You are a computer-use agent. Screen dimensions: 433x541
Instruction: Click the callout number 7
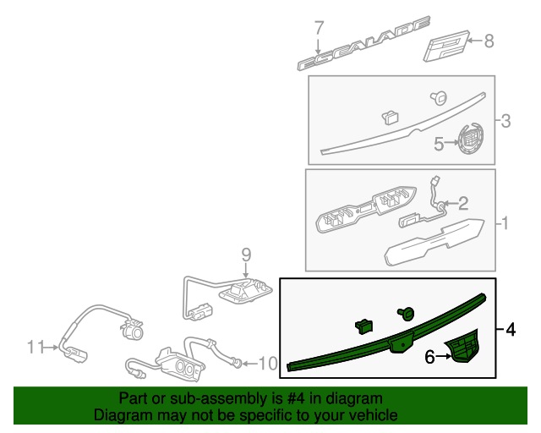tap(319, 27)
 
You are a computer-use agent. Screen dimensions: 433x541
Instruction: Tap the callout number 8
tap(489, 40)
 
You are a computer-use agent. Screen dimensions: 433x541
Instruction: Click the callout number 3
tap(505, 122)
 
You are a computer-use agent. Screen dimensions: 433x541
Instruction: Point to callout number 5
tap(439, 144)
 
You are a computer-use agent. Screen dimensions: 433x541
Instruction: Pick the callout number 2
tap(462, 202)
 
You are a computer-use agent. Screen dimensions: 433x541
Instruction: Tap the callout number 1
tap(504, 224)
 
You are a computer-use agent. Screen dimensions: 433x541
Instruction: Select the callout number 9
tap(246, 254)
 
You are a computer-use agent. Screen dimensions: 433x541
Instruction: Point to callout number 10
tap(267, 364)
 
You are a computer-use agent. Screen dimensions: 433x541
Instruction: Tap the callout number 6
tap(429, 358)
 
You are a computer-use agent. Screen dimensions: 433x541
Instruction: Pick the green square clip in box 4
tap(363, 324)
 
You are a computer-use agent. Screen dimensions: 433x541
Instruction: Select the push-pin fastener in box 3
tap(438, 97)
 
